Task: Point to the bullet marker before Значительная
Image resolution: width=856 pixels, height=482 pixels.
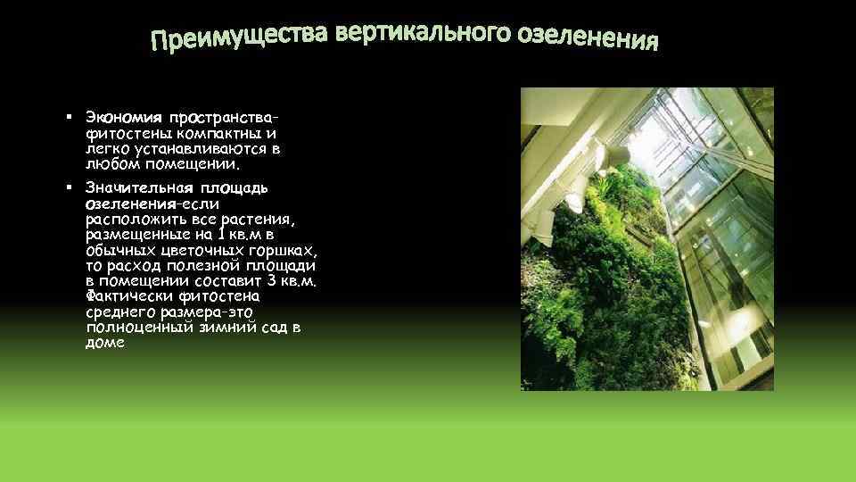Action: [x=69, y=188]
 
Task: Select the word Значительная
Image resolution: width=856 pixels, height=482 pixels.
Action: [x=131, y=188]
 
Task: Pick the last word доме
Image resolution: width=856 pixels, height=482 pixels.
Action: [x=105, y=343]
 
